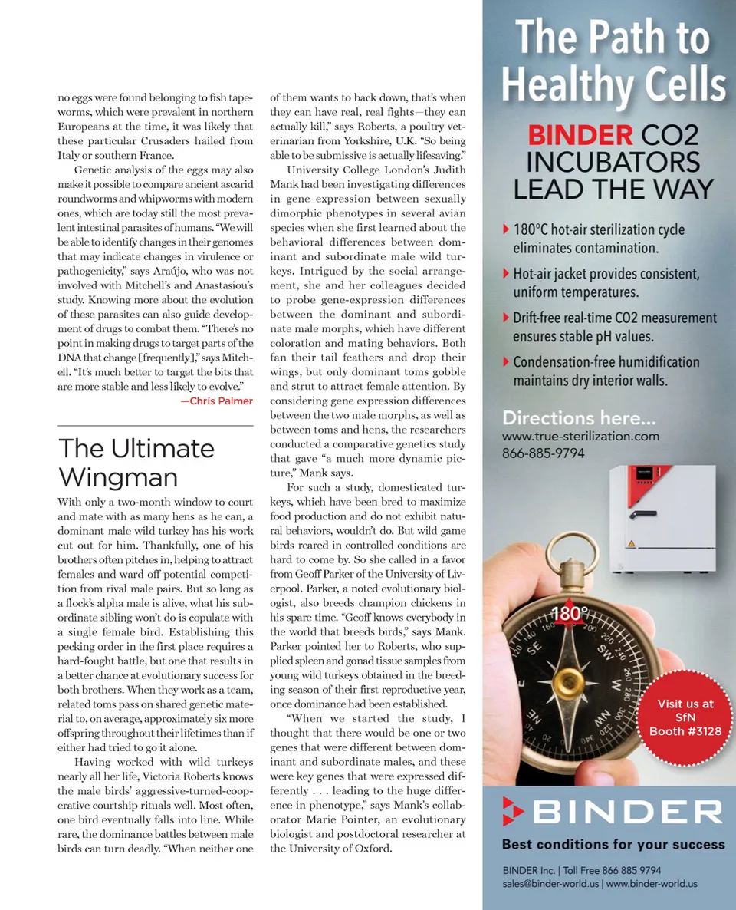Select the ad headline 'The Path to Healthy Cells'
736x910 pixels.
[x=613, y=62]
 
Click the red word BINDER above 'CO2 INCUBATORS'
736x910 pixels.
[x=579, y=136]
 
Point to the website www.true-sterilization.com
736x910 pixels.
[x=580, y=436]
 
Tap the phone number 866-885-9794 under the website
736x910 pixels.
[x=543, y=453]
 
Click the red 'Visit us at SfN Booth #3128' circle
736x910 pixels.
[x=685, y=717]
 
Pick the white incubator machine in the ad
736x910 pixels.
[x=660, y=521]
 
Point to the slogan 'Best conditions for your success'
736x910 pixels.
[x=613, y=844]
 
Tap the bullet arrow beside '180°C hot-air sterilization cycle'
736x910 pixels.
[x=505, y=229]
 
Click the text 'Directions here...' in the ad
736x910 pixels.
[x=579, y=418]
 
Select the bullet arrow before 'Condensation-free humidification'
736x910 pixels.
[x=505, y=361]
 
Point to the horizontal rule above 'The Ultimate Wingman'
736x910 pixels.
[x=155, y=425]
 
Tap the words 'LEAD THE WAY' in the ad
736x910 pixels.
[x=613, y=189]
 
